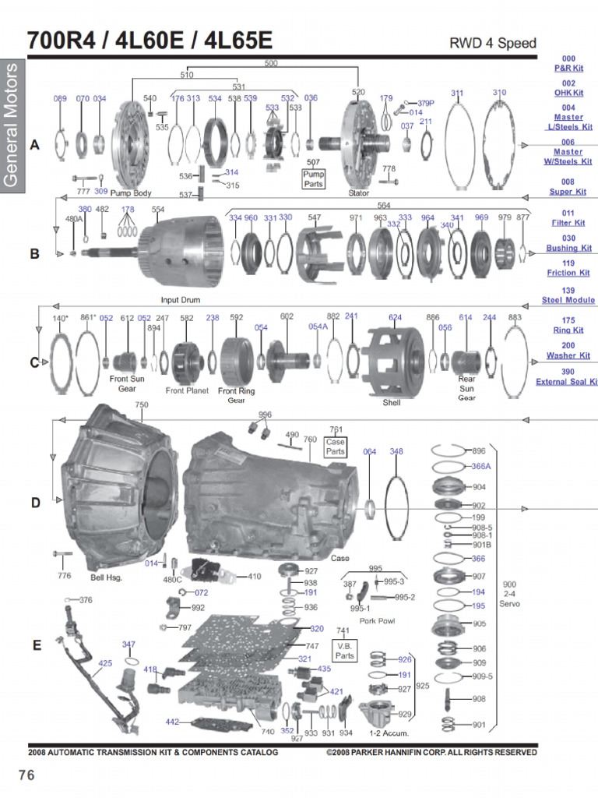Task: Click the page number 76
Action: click(x=27, y=775)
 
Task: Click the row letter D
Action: click(x=35, y=503)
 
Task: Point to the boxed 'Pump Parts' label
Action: click(x=313, y=179)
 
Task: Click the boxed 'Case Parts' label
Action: click(x=336, y=447)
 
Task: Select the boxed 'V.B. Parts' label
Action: click(x=344, y=650)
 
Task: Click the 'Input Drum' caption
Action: click(x=181, y=299)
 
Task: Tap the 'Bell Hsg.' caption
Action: click(x=107, y=577)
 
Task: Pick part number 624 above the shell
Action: click(x=395, y=317)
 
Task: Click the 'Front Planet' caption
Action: click(x=187, y=390)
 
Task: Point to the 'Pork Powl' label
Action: click(x=377, y=621)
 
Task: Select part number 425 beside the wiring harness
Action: click(x=105, y=663)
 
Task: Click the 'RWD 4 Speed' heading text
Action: click(x=493, y=43)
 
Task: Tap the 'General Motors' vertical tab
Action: click(x=12, y=125)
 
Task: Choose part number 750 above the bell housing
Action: click(x=141, y=404)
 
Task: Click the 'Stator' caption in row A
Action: click(x=359, y=192)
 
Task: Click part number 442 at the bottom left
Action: click(x=172, y=722)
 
